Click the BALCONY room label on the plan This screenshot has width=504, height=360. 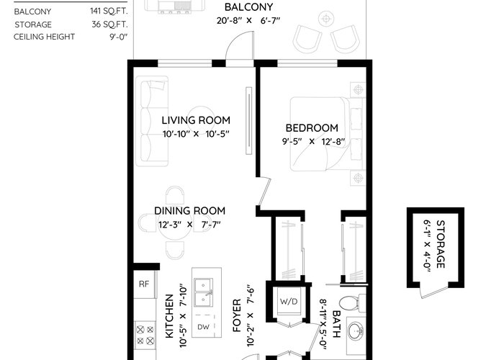tap(248, 7)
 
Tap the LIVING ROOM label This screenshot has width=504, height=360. tap(196, 120)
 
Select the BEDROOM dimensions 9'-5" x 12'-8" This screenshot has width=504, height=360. tap(313, 141)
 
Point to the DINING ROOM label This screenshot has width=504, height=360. tap(189, 211)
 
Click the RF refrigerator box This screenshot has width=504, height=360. tap(144, 284)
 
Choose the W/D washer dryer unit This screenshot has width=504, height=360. tap(289, 302)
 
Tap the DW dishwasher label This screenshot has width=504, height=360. tap(203, 327)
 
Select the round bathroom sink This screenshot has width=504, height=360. tap(355, 330)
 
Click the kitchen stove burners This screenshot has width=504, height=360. tap(145, 335)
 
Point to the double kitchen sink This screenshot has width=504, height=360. tap(203, 292)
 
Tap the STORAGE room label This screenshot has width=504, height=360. tap(441, 244)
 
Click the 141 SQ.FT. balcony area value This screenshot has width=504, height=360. tap(109, 12)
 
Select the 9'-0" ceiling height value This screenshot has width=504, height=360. tap(119, 37)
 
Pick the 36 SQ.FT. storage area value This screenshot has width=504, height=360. tap(109, 24)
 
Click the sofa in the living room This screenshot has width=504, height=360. tap(152, 121)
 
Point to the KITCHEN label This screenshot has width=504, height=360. tap(169, 316)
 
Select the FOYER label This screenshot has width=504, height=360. tap(237, 315)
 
